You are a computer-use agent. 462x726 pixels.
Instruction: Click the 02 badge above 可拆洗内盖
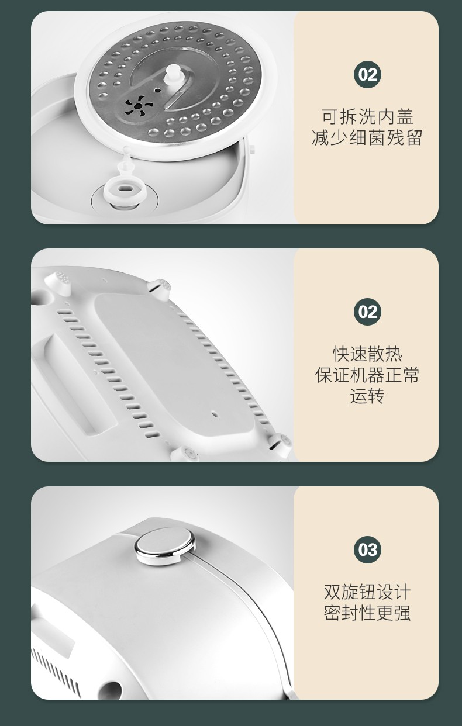click(367, 75)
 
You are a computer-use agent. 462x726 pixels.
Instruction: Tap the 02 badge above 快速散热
click(367, 312)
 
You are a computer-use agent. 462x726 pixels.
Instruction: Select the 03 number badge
click(367, 549)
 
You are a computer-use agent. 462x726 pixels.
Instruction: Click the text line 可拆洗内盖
click(367, 116)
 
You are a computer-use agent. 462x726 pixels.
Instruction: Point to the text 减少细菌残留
click(367, 138)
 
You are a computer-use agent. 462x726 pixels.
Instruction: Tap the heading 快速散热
click(367, 354)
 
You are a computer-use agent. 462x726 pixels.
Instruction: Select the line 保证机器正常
click(367, 375)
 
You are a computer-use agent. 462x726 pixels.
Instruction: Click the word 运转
click(367, 396)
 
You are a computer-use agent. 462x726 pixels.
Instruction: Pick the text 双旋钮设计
click(367, 592)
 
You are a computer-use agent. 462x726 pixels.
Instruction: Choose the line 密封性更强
click(367, 613)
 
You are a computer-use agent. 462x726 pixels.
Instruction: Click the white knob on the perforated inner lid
click(172, 74)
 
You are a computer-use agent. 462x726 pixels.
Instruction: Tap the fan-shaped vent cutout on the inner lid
click(139, 106)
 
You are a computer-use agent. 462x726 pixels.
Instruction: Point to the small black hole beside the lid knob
click(157, 91)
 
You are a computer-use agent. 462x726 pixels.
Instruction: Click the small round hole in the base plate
click(214, 414)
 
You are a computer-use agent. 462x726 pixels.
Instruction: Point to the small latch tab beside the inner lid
click(251, 148)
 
